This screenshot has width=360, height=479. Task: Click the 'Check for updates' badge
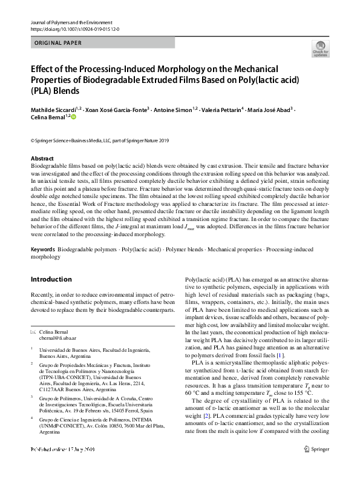click(x=319, y=49)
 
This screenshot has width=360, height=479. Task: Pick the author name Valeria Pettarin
click(x=223, y=110)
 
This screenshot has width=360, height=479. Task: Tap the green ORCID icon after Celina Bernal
click(x=75, y=117)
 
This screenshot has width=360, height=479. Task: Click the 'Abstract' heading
click(x=42, y=157)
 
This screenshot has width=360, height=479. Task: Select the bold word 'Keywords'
click(x=43, y=249)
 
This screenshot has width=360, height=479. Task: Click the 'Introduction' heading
click(x=51, y=280)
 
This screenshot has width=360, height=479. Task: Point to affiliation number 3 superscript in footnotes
click(x=32, y=397)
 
